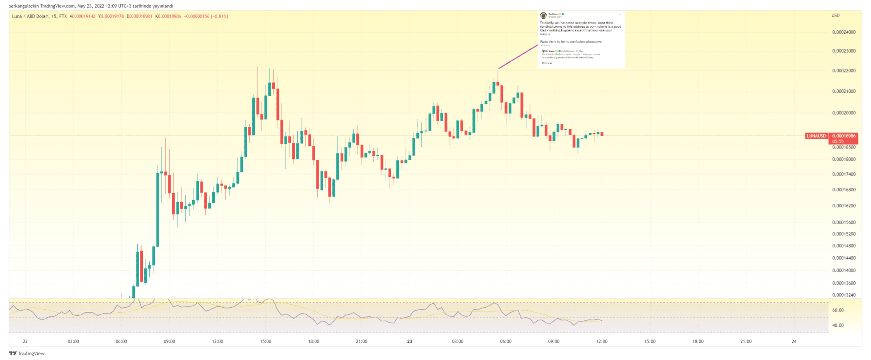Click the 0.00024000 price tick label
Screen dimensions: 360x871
[x=844, y=32]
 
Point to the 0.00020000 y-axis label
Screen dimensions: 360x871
[x=844, y=113]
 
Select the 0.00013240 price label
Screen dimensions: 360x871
[x=844, y=295]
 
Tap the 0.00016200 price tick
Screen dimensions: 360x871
[x=844, y=206]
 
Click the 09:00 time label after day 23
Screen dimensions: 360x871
[x=554, y=341]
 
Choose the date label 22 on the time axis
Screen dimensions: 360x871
[x=25, y=341]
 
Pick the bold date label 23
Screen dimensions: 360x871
[x=410, y=341]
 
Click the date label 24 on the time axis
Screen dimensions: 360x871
[x=794, y=341]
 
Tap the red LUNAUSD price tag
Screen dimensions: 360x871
[x=816, y=136]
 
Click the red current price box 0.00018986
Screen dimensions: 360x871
[x=843, y=136]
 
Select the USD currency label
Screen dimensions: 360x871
[x=835, y=16]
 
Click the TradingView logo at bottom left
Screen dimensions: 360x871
[x=27, y=354]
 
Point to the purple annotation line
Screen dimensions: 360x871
[x=518, y=56]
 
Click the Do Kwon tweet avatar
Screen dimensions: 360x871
[x=543, y=15]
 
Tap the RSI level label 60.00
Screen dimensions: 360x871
[x=838, y=310]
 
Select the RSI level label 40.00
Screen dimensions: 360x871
[x=838, y=326]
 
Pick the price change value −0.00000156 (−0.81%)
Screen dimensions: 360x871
[x=206, y=17]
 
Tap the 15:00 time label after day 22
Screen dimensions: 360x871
[x=265, y=341]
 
